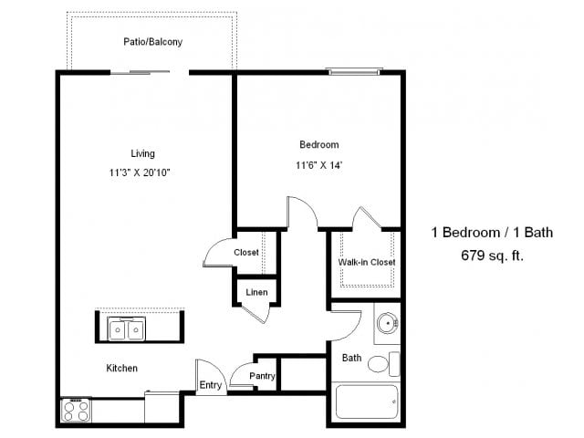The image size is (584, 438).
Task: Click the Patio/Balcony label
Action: [x=152, y=41]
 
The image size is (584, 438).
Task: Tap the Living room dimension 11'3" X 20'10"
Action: [x=140, y=172]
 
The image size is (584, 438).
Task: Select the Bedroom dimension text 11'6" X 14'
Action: [x=318, y=165]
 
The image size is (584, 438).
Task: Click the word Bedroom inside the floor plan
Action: [x=319, y=144]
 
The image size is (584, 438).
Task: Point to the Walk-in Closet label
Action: [x=367, y=262]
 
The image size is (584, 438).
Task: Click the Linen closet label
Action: [x=256, y=292]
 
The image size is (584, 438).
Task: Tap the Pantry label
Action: [x=262, y=376]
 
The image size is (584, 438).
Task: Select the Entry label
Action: [x=211, y=385]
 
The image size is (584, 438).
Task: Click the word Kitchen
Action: [x=121, y=368]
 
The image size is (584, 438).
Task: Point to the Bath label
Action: [x=351, y=358]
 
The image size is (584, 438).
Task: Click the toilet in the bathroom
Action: [x=383, y=363]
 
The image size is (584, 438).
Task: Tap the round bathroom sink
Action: [x=387, y=322]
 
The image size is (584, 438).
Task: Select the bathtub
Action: [x=367, y=402]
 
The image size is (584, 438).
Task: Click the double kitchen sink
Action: [x=126, y=328]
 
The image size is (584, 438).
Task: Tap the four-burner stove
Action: [x=76, y=410]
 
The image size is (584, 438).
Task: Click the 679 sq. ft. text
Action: [x=492, y=255]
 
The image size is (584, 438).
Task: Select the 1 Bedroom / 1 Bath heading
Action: [x=492, y=233]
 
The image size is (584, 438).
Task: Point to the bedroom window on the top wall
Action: [x=354, y=71]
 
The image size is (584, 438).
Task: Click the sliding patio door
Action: [x=140, y=72]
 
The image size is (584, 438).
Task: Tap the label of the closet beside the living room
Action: [x=246, y=252]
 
